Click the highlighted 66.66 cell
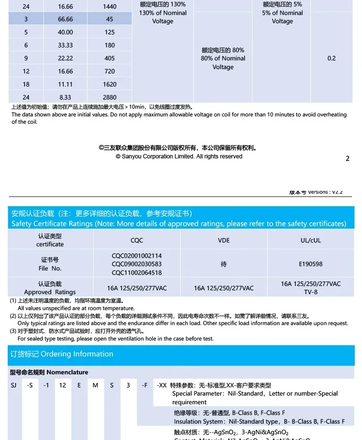point(65,19)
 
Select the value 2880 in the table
point(110,97)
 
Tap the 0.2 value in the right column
point(331,58)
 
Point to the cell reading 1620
point(110,84)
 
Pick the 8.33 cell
point(65,97)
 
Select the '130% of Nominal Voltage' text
point(163,17)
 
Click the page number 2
point(348,158)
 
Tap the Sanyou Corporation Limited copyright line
point(179,156)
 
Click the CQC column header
point(137,240)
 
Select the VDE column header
point(223,240)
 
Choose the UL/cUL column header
point(310,240)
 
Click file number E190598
point(310,264)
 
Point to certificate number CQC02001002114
point(137,256)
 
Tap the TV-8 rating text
point(310,292)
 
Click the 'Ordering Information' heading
point(77,354)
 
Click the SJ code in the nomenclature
point(14,385)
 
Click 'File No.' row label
point(50,269)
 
